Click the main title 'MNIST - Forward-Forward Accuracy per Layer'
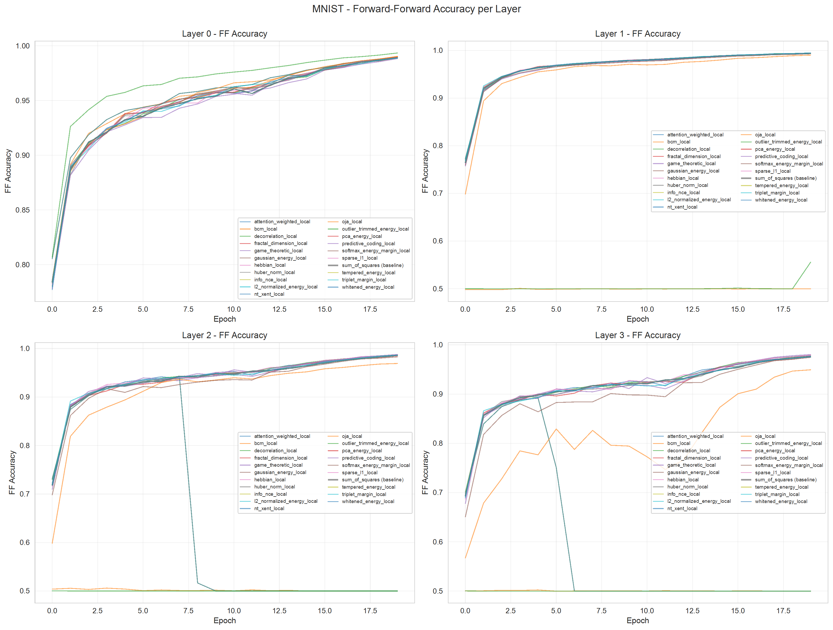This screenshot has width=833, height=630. [416, 9]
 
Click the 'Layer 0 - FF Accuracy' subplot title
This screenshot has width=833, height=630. [224, 34]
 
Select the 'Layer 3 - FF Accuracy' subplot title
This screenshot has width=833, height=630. [638, 335]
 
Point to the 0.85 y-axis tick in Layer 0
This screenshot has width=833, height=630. [22, 210]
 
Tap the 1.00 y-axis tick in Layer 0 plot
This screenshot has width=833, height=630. [22, 46]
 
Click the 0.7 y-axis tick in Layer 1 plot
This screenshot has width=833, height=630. [438, 193]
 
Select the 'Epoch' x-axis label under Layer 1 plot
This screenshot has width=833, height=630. [638, 319]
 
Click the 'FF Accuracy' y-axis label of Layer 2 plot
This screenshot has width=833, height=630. [12, 472]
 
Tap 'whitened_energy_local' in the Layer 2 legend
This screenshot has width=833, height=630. [368, 501]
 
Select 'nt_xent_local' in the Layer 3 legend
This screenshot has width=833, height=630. [682, 509]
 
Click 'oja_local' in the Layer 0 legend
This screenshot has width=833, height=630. [352, 222]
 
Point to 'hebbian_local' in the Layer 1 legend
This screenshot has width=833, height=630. [683, 179]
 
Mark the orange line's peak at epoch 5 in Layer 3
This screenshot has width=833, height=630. [556, 429]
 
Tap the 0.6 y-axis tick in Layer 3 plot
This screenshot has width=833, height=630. [438, 542]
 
